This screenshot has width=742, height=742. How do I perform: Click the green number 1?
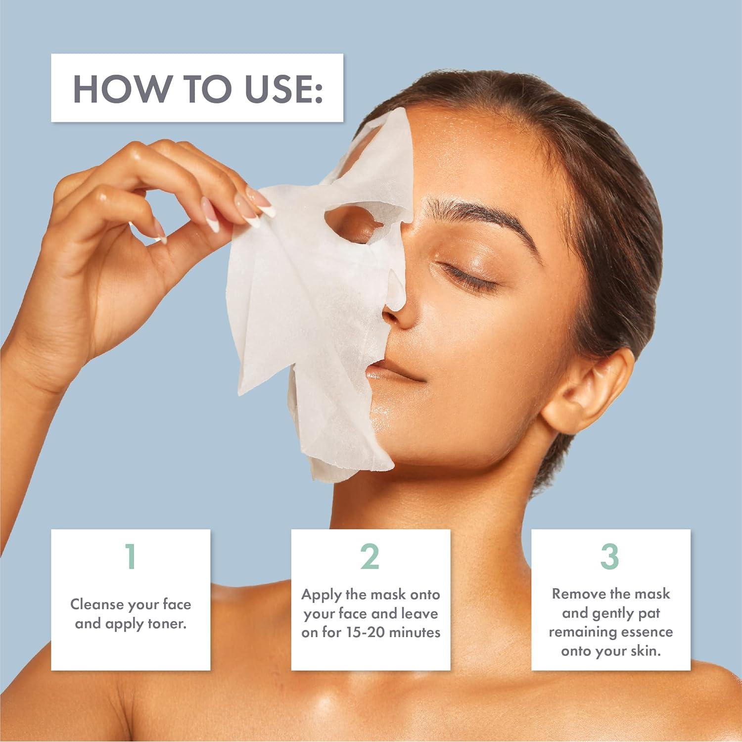[130, 556]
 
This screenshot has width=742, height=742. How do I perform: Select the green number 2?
[370, 556]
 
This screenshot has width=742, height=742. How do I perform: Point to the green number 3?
[610, 556]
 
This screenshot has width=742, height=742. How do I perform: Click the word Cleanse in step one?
[97, 604]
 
